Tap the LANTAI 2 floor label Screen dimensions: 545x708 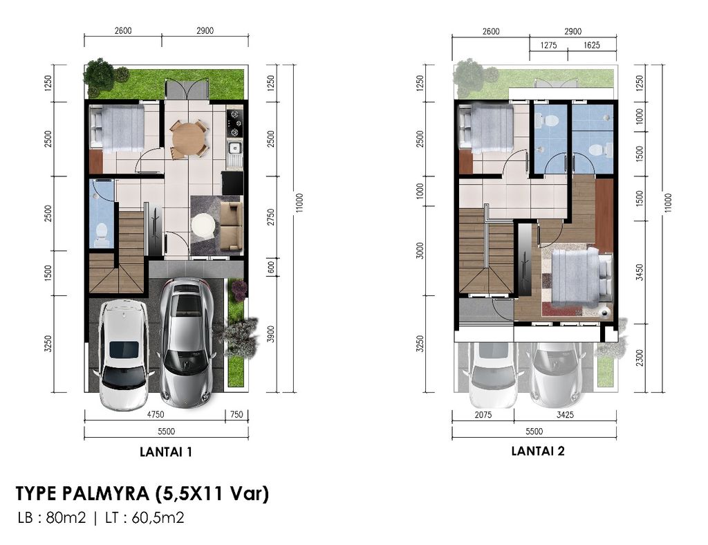[x=537, y=451]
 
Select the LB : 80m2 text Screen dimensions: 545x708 [x=52, y=517]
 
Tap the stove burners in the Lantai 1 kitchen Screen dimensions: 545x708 [x=235, y=122]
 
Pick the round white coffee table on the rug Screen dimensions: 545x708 [x=204, y=225]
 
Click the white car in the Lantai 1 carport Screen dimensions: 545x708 [x=123, y=354]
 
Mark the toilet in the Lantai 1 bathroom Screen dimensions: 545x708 [x=102, y=233]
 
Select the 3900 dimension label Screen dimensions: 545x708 [x=270, y=335]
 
